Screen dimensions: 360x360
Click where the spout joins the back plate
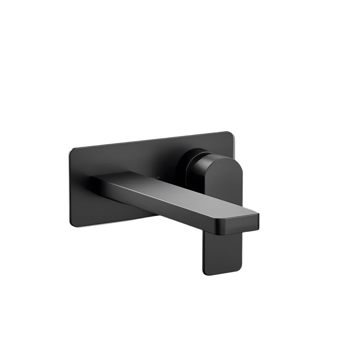[x=94, y=180]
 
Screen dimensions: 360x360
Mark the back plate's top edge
[x=151, y=140]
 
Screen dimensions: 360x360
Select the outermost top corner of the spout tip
[x=258, y=215]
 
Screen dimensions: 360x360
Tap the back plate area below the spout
[x=137, y=214]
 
